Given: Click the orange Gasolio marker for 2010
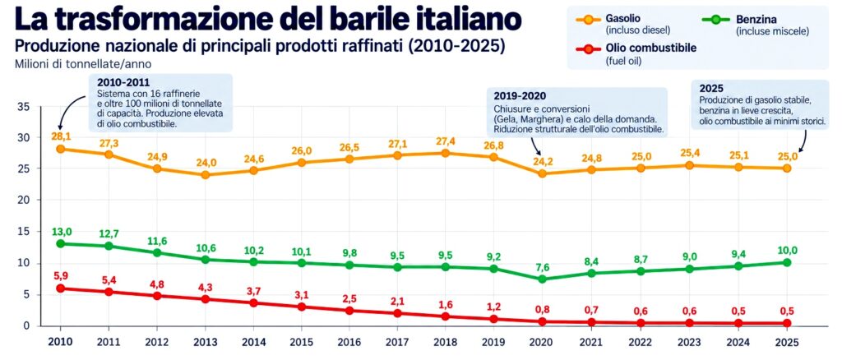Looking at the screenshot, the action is [61, 149].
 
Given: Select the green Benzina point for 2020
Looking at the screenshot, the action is [543, 279].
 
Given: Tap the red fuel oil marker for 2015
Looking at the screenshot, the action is [301, 307].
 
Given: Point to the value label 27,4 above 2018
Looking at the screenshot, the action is [446, 141].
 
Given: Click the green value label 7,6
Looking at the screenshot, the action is [543, 266].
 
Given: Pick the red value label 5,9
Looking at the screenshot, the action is [60, 276].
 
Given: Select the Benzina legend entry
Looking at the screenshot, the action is [756, 25].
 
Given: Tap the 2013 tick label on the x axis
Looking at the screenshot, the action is [205, 342].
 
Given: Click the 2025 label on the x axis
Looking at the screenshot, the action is [786, 342].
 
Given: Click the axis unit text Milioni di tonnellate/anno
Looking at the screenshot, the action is [83, 64].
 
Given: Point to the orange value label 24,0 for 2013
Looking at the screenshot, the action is [205, 163].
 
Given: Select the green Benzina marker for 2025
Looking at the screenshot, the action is [786, 262].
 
